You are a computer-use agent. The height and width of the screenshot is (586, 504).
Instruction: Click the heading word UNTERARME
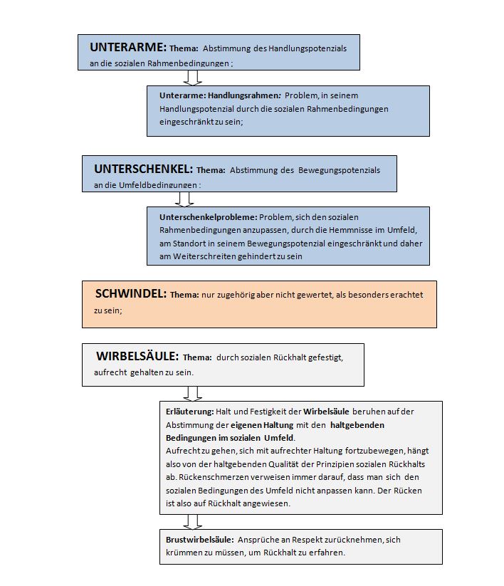(x=128, y=48)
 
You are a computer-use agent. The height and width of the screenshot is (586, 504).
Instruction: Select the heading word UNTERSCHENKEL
(x=143, y=169)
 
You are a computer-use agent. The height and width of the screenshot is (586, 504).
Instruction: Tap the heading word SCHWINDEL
(x=131, y=293)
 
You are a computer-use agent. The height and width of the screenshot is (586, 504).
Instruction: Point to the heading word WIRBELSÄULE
(x=137, y=357)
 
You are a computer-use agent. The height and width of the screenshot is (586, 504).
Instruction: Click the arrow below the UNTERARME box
(x=193, y=78)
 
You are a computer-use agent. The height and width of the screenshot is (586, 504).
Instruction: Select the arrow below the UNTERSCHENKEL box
(x=186, y=199)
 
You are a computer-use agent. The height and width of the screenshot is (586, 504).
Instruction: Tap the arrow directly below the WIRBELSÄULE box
(x=193, y=393)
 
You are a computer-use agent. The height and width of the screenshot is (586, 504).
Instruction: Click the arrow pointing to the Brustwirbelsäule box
(x=193, y=522)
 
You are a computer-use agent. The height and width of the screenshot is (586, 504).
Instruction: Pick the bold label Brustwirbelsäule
(x=199, y=540)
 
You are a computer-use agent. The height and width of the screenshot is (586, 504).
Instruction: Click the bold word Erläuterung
(x=189, y=412)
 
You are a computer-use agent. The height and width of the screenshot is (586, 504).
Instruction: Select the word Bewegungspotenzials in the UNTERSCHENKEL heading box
(x=339, y=170)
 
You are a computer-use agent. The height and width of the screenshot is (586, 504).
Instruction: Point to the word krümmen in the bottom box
(x=184, y=553)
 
